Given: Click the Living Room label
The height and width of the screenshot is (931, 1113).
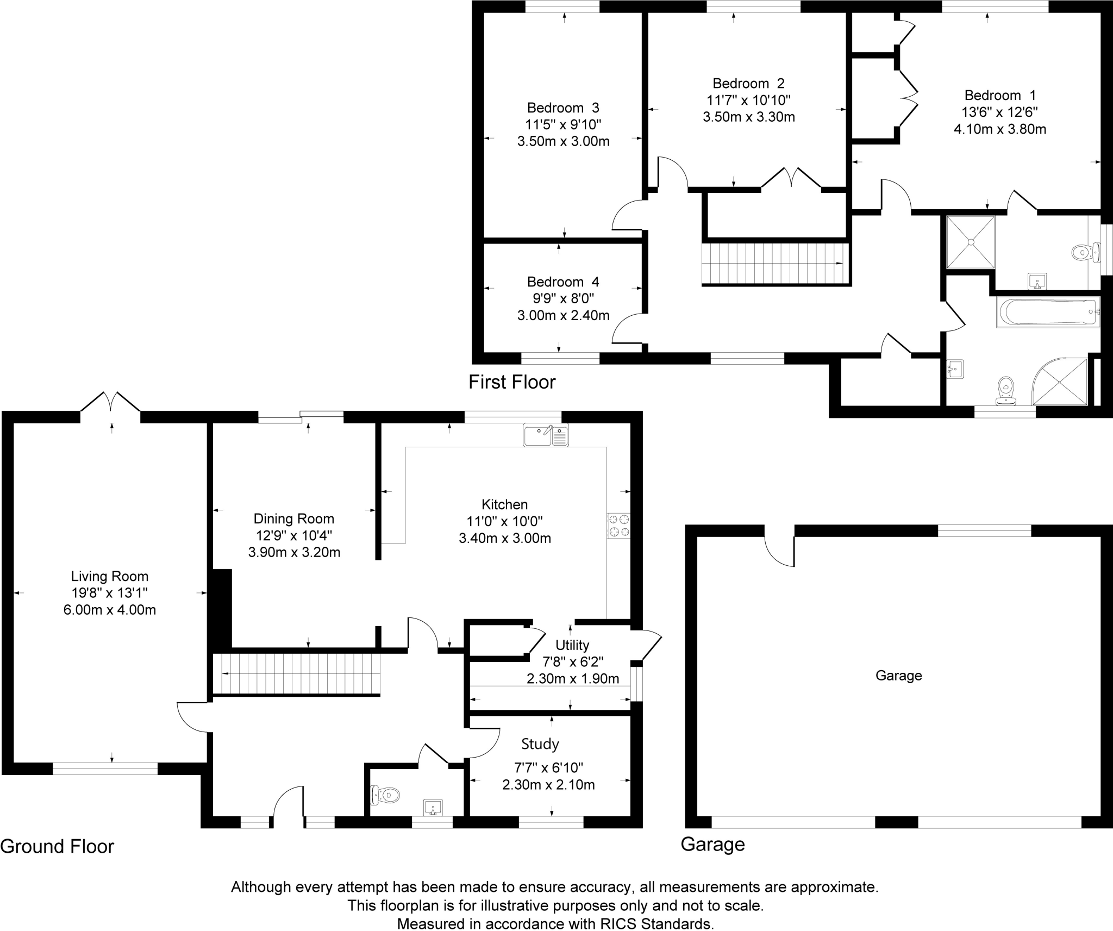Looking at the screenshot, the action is [x=110, y=576].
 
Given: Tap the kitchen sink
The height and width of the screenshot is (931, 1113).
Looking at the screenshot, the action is [x=546, y=435].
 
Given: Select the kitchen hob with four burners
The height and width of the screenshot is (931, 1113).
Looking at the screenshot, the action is [x=618, y=526].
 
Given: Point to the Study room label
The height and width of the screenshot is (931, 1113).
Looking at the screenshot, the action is [x=540, y=744].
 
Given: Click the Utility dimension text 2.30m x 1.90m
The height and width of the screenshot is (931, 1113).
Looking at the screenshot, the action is [x=573, y=678].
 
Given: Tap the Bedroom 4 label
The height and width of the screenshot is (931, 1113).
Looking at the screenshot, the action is [x=563, y=282].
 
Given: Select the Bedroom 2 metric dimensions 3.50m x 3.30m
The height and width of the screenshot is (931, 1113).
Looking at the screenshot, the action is [x=748, y=117].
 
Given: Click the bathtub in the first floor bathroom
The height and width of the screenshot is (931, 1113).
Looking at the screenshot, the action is [x=1048, y=312].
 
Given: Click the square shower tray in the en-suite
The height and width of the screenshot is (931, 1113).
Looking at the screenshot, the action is [x=971, y=242].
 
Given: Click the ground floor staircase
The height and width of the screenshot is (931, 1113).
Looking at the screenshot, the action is [x=296, y=674].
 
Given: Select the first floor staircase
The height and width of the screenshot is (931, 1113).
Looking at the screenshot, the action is [x=776, y=264].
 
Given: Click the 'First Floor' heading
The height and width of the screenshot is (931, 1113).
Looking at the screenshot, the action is [x=512, y=382].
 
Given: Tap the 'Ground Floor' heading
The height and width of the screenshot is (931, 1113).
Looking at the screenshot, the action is [x=57, y=846].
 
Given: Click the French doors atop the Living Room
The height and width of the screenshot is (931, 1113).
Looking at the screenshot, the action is [x=111, y=403].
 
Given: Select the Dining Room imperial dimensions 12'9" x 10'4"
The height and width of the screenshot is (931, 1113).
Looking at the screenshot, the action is [x=294, y=535].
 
